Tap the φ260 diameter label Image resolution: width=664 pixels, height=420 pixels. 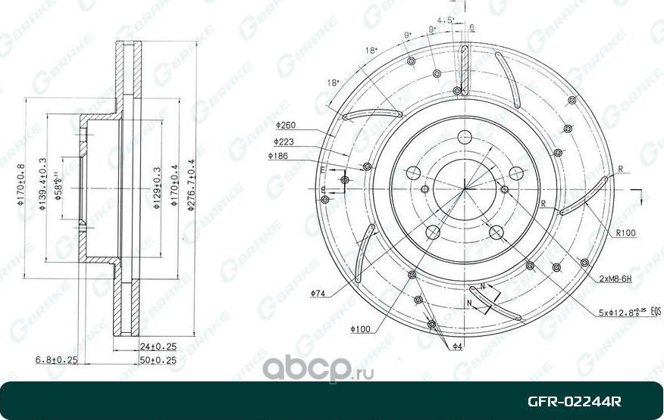(285, 126)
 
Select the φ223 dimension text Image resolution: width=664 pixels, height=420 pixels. (285, 142)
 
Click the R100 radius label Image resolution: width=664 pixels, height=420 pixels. (625, 233)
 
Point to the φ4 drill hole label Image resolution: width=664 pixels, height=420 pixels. (458, 347)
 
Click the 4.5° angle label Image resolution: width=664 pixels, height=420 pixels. (446, 20)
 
